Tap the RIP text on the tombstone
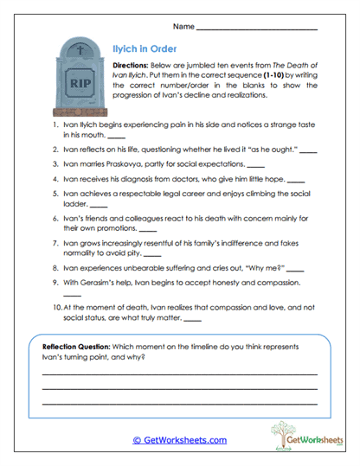click(80, 85)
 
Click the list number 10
click(55, 306)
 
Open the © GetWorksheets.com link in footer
click(180, 440)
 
